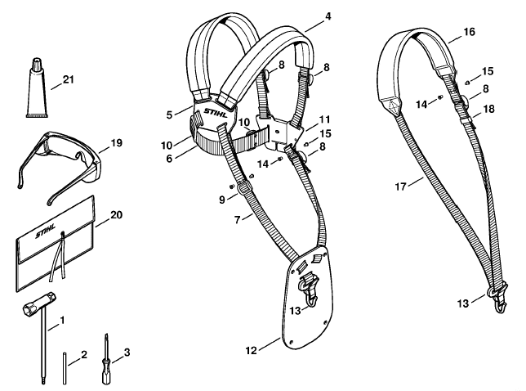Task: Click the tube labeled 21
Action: point(37,91)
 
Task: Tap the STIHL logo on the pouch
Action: point(46,231)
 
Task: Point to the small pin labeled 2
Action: point(65,367)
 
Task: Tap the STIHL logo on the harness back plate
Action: point(216,112)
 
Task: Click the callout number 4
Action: point(328,16)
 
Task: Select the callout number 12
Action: point(252,350)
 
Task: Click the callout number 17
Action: point(400,187)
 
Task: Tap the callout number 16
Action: point(470,32)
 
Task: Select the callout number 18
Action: point(489,109)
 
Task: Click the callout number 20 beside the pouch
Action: point(117,214)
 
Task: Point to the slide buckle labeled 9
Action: point(243,188)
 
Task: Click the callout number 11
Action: point(325,119)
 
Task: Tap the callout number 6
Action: point(169,158)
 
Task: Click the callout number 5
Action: point(169,115)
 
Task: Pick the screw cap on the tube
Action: point(36,64)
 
